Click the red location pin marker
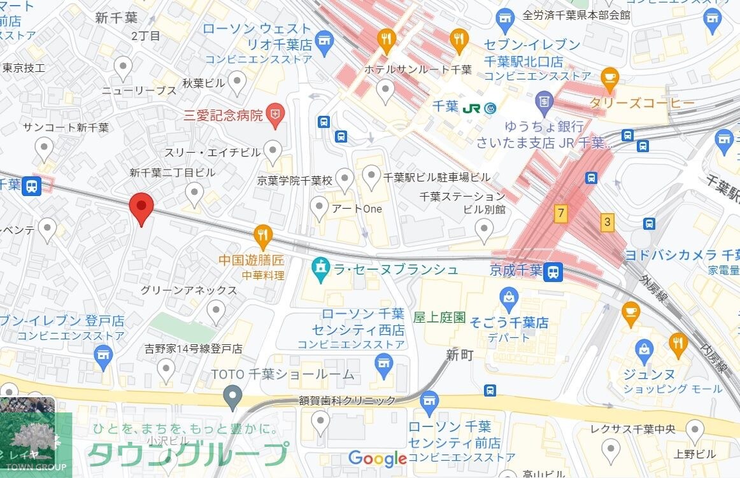click(141, 207)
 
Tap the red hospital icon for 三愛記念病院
click(274, 115)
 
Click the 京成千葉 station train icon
click(553, 272)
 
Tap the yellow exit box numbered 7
click(560, 213)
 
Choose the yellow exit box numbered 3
click(608, 222)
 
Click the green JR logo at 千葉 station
click(472, 108)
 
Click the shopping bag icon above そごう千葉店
click(509, 297)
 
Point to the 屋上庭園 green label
click(439, 317)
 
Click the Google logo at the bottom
click(378, 458)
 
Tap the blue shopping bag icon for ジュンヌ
click(644, 349)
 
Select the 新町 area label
click(460, 355)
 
